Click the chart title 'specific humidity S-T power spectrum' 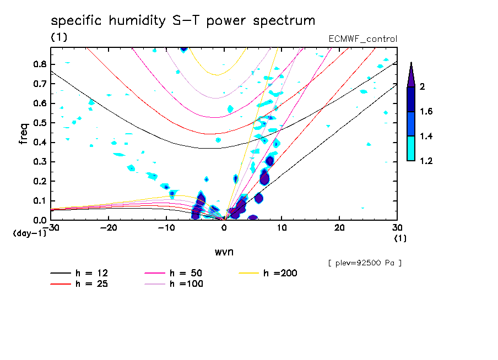(183, 21)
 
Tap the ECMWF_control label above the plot (362, 39)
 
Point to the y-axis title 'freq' (23, 134)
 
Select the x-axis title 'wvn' (224, 252)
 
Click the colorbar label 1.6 (426, 111)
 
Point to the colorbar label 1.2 (426, 161)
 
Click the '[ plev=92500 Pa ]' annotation (365, 263)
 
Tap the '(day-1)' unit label (29, 233)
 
